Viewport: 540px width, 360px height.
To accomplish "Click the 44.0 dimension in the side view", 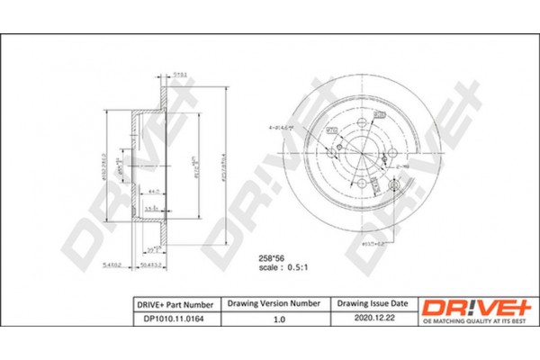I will click(155, 192).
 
